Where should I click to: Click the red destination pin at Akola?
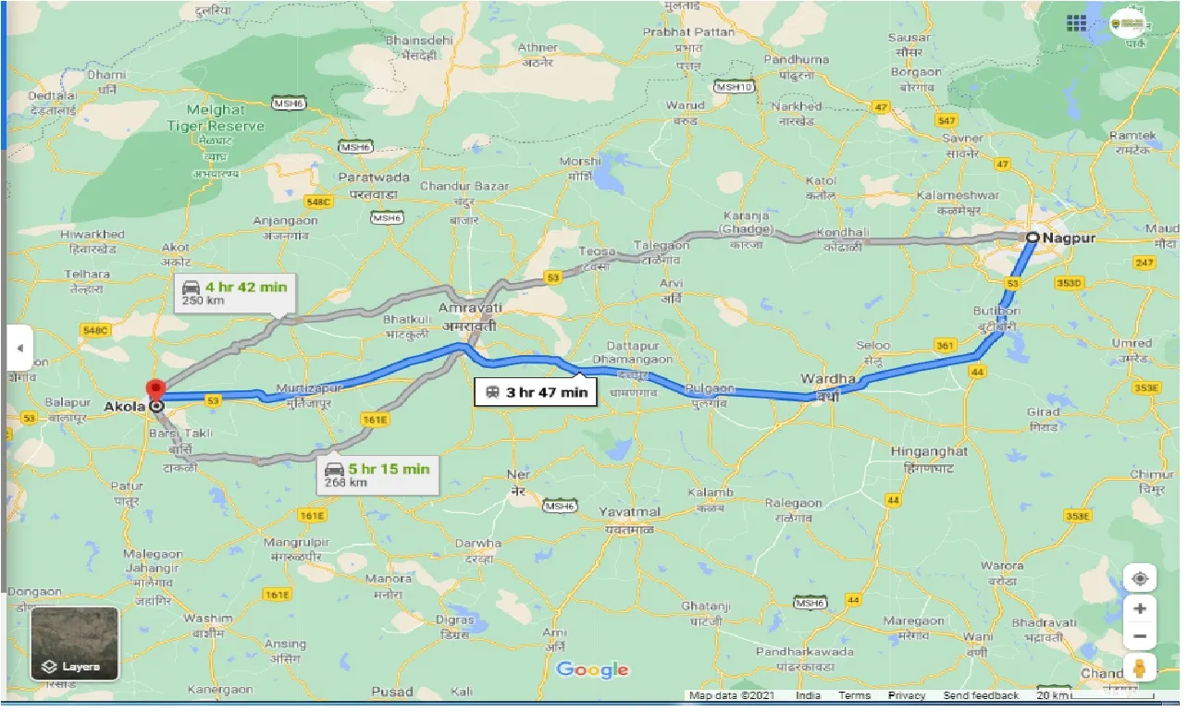[156, 390]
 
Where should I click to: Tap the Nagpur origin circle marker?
[1031, 238]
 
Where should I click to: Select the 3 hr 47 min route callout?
[535, 392]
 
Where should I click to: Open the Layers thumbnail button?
[74, 644]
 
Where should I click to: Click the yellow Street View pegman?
[1139, 668]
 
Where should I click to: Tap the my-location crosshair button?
[1139, 579]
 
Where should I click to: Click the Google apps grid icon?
[1076, 23]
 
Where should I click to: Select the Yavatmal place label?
[629, 512]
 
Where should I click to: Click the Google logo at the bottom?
[592, 670]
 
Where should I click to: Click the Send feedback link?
[981, 695]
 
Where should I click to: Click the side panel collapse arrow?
[19, 349]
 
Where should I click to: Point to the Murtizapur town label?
[309, 388]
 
